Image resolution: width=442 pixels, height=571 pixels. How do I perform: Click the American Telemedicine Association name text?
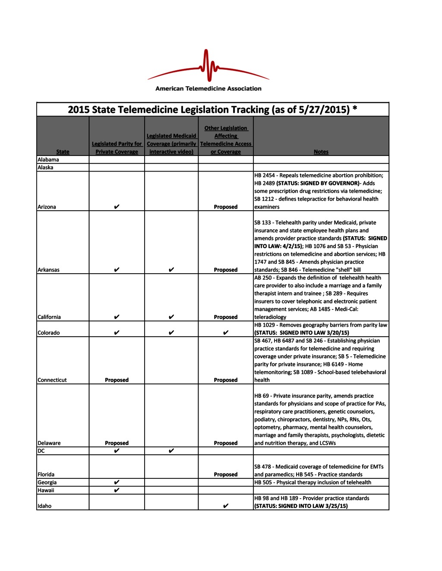(x=208, y=89)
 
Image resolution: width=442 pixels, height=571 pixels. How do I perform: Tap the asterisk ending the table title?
(x=355, y=109)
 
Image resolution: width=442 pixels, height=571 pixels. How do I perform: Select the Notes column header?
(x=321, y=152)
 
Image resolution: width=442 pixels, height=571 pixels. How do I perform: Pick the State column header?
(x=63, y=152)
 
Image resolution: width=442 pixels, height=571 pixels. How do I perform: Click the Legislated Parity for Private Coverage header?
(x=117, y=148)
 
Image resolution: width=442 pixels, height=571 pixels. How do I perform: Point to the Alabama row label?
(x=48, y=159)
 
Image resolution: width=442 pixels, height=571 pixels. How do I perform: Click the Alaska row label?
(x=45, y=167)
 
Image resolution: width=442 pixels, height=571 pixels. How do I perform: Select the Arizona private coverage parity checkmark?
(x=117, y=207)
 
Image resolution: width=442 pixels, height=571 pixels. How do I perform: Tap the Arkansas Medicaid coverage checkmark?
(x=171, y=270)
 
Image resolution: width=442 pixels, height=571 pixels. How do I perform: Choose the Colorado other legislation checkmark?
(x=226, y=333)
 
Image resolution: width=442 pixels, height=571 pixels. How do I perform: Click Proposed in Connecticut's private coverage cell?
(x=117, y=380)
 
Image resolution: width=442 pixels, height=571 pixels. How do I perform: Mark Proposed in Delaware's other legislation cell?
(x=226, y=443)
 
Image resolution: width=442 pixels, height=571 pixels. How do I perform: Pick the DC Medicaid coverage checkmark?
(x=171, y=451)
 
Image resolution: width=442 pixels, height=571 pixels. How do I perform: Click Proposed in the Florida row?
(x=226, y=474)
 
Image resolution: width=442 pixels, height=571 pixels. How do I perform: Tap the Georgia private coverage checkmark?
(x=117, y=482)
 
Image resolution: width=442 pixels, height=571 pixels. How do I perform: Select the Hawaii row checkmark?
(x=117, y=490)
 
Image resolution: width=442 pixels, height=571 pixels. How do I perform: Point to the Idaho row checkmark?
(x=226, y=506)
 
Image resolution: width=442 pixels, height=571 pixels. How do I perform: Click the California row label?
(x=49, y=317)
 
